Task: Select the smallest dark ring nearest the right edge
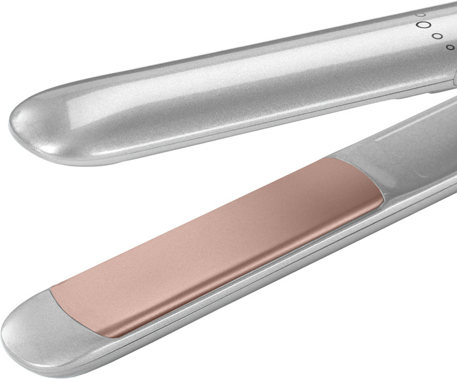coord(450,47)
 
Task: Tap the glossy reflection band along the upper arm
coord(196,78)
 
